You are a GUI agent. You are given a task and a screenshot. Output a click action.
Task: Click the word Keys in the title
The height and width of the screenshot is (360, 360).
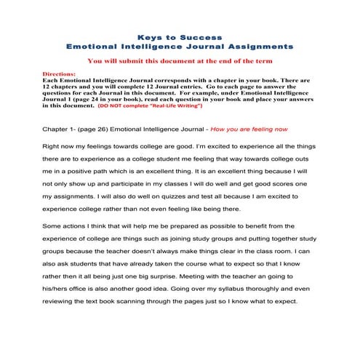(x=148, y=36)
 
